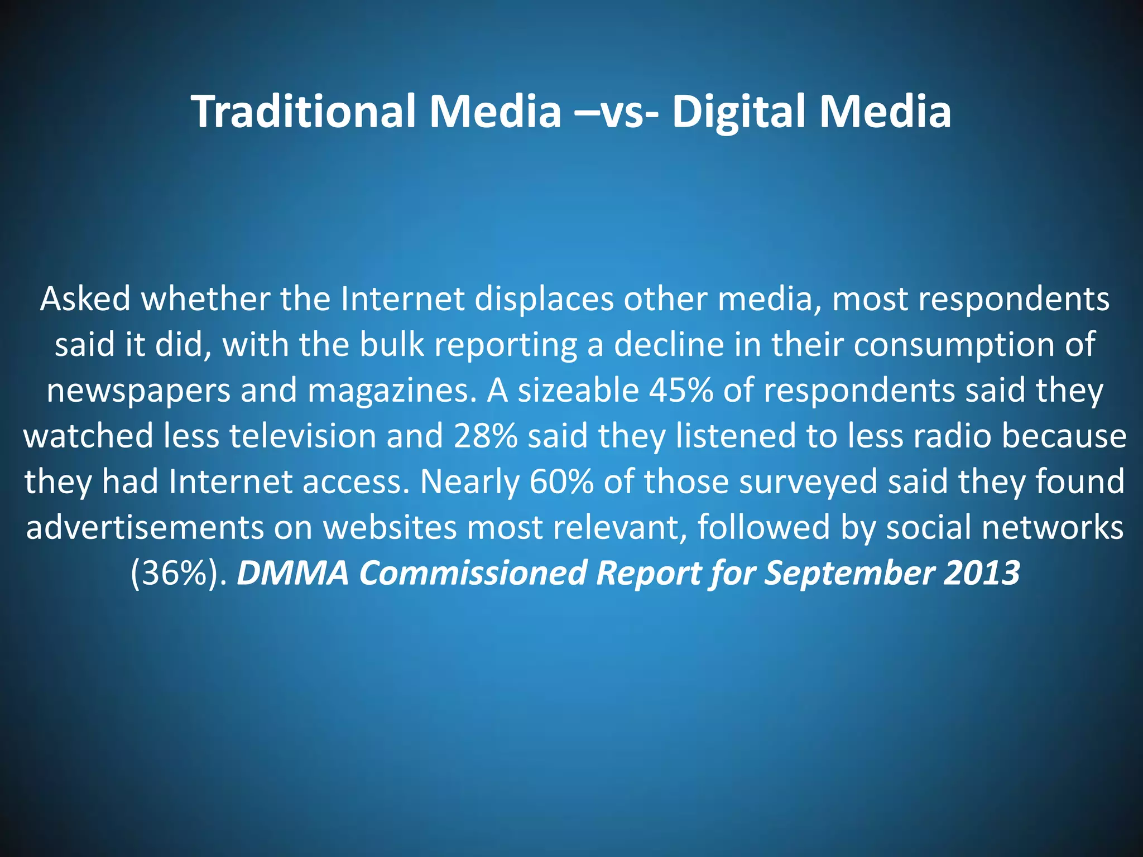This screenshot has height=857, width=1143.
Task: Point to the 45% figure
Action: (681, 390)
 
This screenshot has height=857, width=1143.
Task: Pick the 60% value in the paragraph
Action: (561, 482)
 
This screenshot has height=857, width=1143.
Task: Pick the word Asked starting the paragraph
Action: (85, 299)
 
